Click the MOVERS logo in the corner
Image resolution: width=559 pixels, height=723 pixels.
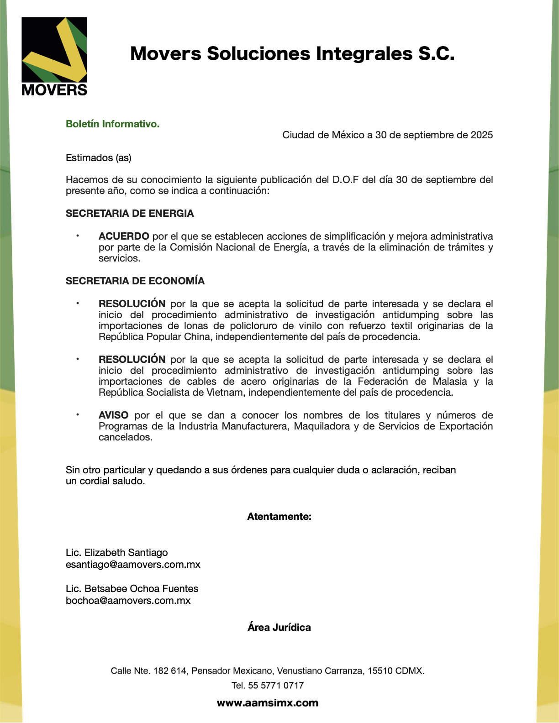pyautogui.click(x=54, y=56)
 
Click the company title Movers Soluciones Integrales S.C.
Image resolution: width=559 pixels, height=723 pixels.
pyautogui.click(x=292, y=54)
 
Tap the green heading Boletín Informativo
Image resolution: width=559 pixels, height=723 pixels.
pyautogui.click(x=113, y=124)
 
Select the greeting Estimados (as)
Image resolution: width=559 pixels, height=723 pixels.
pyautogui.click(x=99, y=158)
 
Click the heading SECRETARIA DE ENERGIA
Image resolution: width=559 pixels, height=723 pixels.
pyautogui.click(x=130, y=214)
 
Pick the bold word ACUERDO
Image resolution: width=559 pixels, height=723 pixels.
pyautogui.click(x=124, y=236)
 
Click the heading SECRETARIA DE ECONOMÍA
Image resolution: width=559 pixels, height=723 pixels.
pyautogui.click(x=135, y=281)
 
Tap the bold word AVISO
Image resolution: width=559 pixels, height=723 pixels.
pyautogui.click(x=114, y=415)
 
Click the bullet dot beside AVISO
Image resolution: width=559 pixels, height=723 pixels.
pyautogui.click(x=78, y=415)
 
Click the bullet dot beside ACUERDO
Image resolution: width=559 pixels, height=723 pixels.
pyautogui.click(x=78, y=236)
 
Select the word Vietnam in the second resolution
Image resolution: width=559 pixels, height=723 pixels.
pyautogui.click(x=225, y=393)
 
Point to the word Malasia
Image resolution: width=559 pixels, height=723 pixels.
pyautogui.click(x=450, y=382)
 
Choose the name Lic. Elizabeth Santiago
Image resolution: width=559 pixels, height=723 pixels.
pyautogui.click(x=117, y=553)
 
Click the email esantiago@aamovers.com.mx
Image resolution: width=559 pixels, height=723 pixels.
pyautogui.click(x=133, y=565)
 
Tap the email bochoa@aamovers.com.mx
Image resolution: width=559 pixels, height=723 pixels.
pyautogui.click(x=128, y=601)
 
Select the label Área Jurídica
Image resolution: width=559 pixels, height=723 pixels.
pyautogui.click(x=279, y=628)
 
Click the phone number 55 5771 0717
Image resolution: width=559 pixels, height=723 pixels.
pyautogui.click(x=276, y=686)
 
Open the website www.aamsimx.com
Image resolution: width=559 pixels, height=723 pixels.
pyautogui.click(x=268, y=703)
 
